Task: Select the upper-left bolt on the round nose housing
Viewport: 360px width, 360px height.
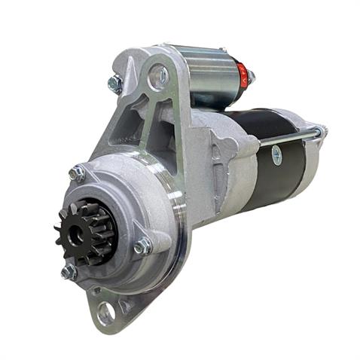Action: [77, 174]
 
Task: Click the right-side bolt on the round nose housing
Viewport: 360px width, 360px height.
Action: [142, 246]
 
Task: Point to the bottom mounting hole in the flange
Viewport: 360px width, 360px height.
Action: [105, 310]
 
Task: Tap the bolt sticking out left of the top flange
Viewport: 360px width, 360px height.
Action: [115, 84]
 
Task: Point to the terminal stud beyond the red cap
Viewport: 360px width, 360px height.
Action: [252, 77]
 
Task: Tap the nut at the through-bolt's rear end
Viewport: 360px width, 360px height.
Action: [319, 133]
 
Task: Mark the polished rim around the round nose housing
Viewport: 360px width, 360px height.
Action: [178, 226]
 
